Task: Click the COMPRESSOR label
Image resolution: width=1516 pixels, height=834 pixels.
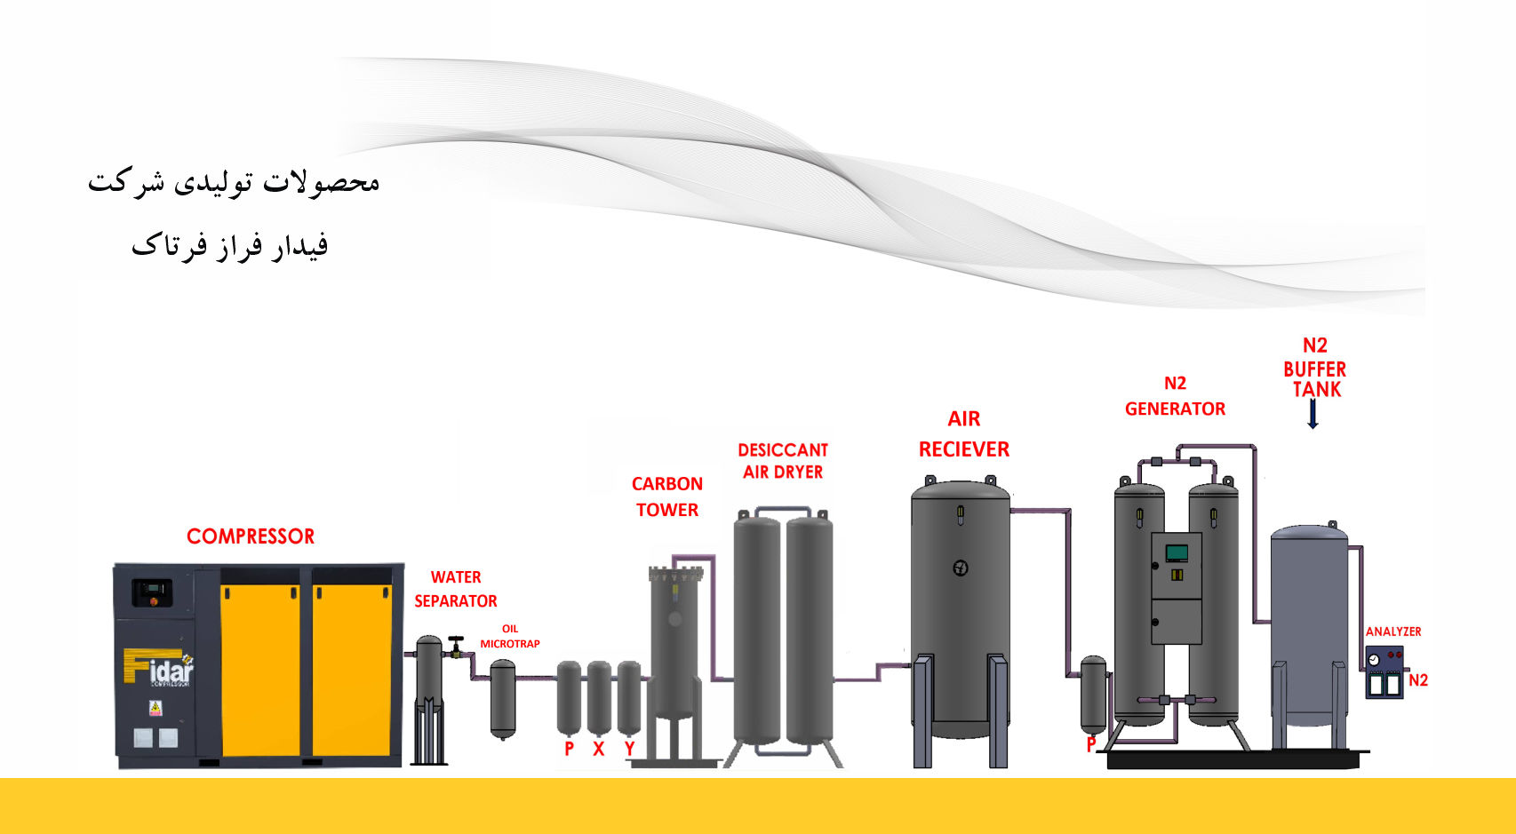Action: (x=251, y=536)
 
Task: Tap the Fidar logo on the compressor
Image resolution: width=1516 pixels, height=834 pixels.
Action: (x=159, y=669)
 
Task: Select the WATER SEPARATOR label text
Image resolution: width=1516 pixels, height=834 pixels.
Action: (x=456, y=589)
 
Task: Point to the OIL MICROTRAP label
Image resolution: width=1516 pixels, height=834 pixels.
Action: (x=510, y=636)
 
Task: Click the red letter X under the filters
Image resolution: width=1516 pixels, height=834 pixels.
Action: (x=599, y=749)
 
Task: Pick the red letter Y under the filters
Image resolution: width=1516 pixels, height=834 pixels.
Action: (x=629, y=749)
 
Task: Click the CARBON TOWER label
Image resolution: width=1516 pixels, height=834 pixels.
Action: (x=667, y=496)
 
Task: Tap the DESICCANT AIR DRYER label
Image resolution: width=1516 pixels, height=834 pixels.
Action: (x=783, y=461)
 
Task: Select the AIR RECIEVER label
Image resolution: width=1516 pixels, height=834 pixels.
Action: (x=964, y=433)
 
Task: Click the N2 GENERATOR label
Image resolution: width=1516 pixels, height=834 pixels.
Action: (x=1175, y=396)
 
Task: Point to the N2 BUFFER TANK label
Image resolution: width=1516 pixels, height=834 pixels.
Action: (x=1315, y=367)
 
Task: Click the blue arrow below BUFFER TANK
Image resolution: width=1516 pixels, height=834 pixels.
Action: (x=1313, y=414)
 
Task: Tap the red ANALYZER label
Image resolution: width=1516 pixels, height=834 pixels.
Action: (x=1393, y=631)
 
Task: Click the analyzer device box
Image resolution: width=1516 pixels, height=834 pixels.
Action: (x=1384, y=672)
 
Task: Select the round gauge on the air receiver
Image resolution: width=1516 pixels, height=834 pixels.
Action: (x=961, y=568)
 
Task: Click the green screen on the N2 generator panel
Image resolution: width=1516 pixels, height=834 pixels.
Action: (x=1177, y=552)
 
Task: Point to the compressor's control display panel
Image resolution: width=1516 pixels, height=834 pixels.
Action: (x=152, y=591)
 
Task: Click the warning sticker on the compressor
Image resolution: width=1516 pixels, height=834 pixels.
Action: (x=156, y=708)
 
